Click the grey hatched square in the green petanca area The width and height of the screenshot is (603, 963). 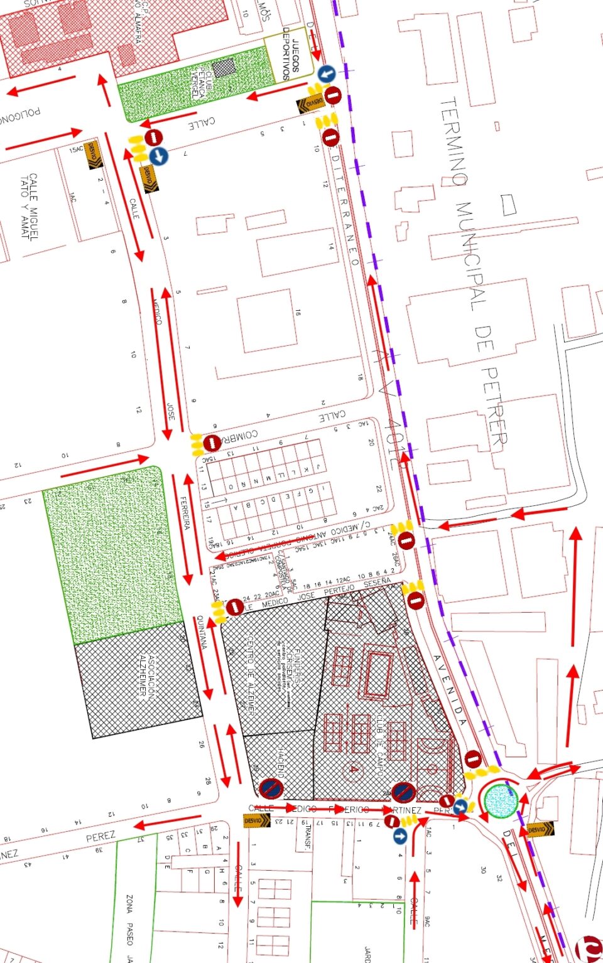pyautogui.click(x=223, y=68)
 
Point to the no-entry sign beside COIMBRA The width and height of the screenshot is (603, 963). pyautogui.click(x=212, y=443)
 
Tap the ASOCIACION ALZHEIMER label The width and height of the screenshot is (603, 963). pyautogui.click(x=146, y=677)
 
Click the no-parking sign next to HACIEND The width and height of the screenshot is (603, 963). pyautogui.click(x=271, y=788)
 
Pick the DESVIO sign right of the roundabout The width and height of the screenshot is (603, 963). pyautogui.click(x=540, y=829)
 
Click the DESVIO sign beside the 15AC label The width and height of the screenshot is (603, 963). pyautogui.click(x=94, y=155)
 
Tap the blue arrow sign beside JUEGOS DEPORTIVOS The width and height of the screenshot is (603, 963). pyautogui.click(x=326, y=74)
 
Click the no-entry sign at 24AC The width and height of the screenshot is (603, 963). pyautogui.click(x=406, y=540)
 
